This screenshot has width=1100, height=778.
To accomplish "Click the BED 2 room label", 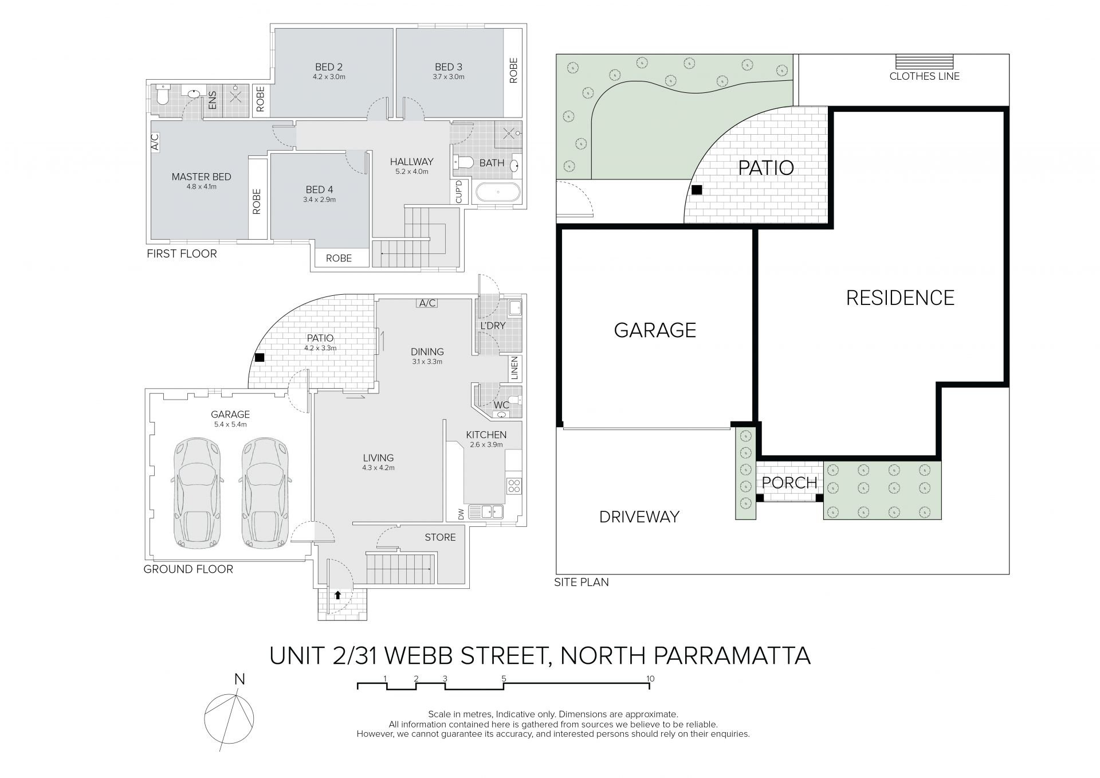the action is (x=328, y=67).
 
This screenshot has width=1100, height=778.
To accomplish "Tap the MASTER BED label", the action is (x=201, y=177).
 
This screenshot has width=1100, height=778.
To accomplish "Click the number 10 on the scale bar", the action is (x=650, y=679).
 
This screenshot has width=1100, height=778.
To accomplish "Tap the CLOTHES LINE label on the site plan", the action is (x=924, y=76).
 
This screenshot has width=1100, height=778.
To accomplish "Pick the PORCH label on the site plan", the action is (x=789, y=483).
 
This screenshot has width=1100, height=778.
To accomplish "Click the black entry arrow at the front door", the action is (x=338, y=595).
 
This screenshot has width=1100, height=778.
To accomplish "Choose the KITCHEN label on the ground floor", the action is (x=486, y=435).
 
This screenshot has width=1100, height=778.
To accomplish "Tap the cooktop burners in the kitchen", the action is (x=514, y=486).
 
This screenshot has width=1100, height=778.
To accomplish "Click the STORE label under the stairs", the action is (x=440, y=537).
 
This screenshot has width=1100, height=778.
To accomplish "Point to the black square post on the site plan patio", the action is (x=697, y=190).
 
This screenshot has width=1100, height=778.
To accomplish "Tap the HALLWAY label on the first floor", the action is (x=411, y=162).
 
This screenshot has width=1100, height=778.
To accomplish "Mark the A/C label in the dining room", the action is (x=427, y=303).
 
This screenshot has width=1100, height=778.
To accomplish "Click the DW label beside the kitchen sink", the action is (x=461, y=515).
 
